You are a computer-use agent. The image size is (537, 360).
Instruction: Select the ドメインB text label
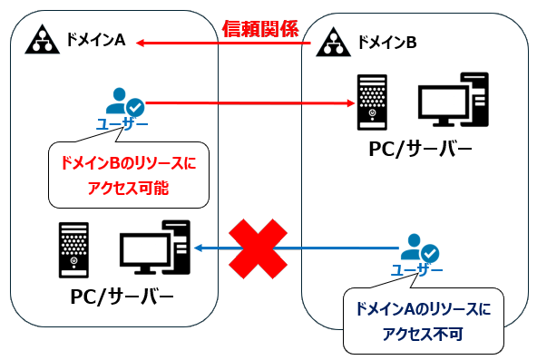(386, 42)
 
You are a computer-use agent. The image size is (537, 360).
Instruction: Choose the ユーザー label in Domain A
(122, 123)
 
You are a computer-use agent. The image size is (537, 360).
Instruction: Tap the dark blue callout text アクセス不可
(422, 334)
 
